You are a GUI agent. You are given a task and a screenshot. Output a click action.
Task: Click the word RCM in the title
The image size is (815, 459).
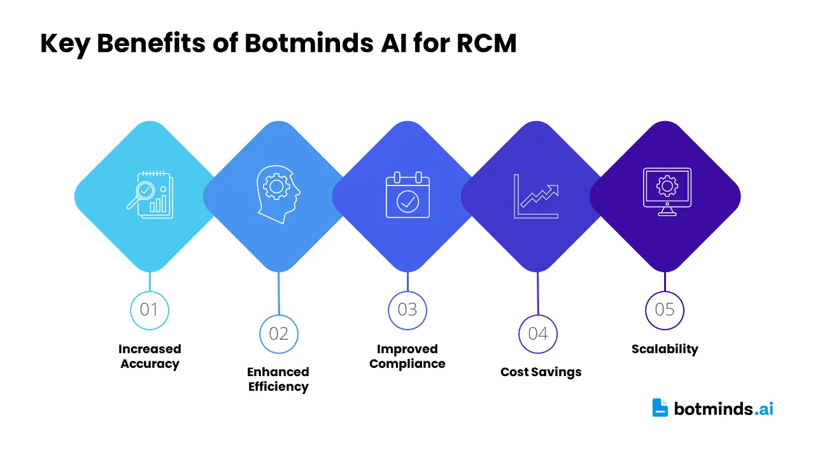486,43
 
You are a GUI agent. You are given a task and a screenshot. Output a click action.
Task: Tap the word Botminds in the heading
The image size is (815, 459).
309,43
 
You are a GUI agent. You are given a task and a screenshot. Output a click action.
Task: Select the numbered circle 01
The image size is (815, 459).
150,310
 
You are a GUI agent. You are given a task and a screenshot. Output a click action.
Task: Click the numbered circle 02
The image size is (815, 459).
279,334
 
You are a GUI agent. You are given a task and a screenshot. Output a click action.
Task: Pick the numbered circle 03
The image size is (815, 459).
407,310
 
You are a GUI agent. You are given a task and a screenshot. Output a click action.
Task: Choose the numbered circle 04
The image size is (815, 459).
538,334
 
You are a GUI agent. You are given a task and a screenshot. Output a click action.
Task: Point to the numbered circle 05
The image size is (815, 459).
665,310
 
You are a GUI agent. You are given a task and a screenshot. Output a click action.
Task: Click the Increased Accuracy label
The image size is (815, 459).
150,356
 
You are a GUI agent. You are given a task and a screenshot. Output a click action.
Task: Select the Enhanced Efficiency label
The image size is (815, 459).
278,379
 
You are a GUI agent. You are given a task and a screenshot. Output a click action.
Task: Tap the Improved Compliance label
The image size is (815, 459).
407,356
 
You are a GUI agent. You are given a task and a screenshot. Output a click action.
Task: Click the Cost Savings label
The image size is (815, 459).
541,372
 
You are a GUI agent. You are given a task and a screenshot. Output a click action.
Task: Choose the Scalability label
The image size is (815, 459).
665,349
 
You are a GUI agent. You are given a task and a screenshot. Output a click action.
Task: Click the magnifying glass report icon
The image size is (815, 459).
150,195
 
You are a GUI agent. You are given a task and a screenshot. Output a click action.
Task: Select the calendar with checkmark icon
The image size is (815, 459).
407,195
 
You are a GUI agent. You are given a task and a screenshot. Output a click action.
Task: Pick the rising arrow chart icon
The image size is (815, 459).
536,196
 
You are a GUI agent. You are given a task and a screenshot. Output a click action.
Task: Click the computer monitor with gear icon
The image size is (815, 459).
667,192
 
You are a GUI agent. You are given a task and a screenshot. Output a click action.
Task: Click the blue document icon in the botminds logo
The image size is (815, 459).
660,407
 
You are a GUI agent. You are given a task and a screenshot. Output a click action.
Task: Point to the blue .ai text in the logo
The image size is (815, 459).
763,409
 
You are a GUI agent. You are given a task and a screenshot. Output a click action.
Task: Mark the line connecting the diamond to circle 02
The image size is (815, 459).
279,293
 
